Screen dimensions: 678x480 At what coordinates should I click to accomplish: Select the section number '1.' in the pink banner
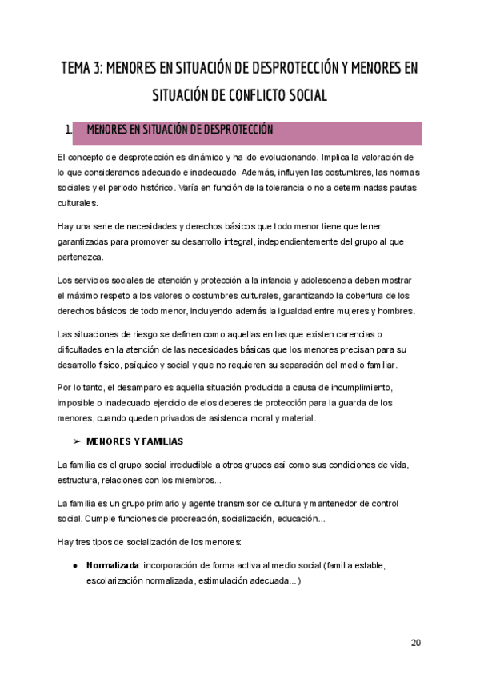(68, 130)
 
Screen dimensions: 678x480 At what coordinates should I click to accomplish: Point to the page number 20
(415, 643)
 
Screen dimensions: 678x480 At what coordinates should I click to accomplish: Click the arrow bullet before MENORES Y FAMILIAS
(78, 441)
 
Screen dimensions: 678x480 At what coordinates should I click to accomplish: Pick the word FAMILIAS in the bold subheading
(162, 441)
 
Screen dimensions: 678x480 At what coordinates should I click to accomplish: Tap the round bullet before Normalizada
(74, 566)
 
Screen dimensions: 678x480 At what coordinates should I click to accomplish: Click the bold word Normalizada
(112, 566)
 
